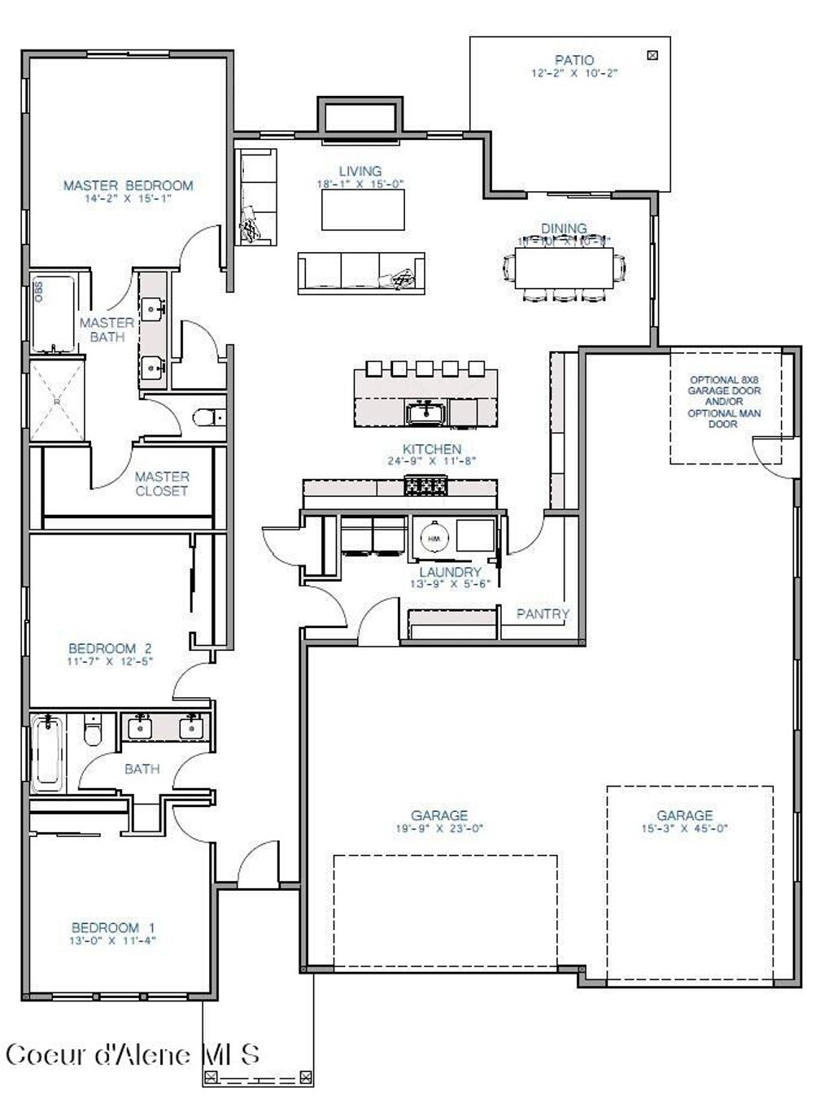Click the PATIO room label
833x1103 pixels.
pyautogui.click(x=574, y=60)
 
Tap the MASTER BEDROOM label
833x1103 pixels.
pyautogui.click(x=129, y=185)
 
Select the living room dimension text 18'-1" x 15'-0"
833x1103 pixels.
pyautogui.click(x=360, y=185)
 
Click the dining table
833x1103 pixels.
pyautogui.click(x=564, y=267)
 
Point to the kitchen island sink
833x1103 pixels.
pyautogui.click(x=424, y=412)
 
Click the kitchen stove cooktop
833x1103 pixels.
pyautogui.click(x=425, y=486)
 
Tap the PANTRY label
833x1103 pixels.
pyautogui.click(x=543, y=614)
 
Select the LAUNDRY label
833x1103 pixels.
pyautogui.click(x=450, y=572)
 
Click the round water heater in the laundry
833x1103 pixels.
pyautogui.click(x=433, y=538)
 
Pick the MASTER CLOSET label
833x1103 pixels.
pyautogui.click(x=162, y=483)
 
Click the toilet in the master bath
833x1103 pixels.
pyautogui.click(x=209, y=418)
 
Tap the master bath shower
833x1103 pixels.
pyautogui.click(x=57, y=400)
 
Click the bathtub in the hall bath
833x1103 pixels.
pyautogui.click(x=47, y=754)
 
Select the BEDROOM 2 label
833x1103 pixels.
pyautogui.click(x=110, y=648)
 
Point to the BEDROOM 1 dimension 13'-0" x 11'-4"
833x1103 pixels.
pyautogui.click(x=113, y=941)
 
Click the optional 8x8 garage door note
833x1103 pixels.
pyautogui.click(x=725, y=401)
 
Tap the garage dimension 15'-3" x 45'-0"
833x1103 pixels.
pyautogui.click(x=684, y=829)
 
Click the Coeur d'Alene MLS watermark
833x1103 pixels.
pyautogui.click(x=133, y=1054)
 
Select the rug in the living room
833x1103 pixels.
pyautogui.click(x=363, y=211)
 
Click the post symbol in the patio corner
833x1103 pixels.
pyautogui.click(x=652, y=55)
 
